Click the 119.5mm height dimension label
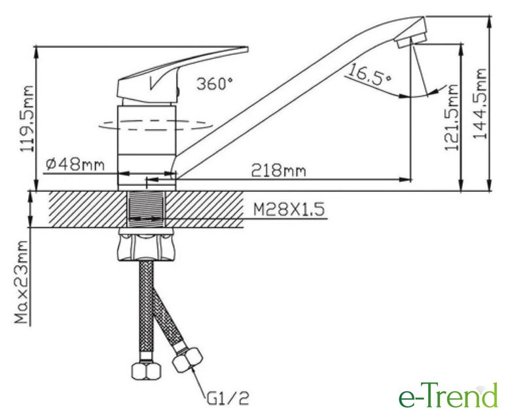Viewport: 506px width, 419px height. pos(27,118)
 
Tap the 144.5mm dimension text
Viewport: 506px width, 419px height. pos(480,103)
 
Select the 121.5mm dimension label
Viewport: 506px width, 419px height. pos(451,117)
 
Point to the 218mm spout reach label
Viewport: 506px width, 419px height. pos(278,170)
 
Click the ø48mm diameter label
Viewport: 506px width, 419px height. pos(75,164)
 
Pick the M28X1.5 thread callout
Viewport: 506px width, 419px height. pos(289,209)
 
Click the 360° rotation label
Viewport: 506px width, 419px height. pos(214,84)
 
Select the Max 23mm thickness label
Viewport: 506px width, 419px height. pos(22,282)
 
